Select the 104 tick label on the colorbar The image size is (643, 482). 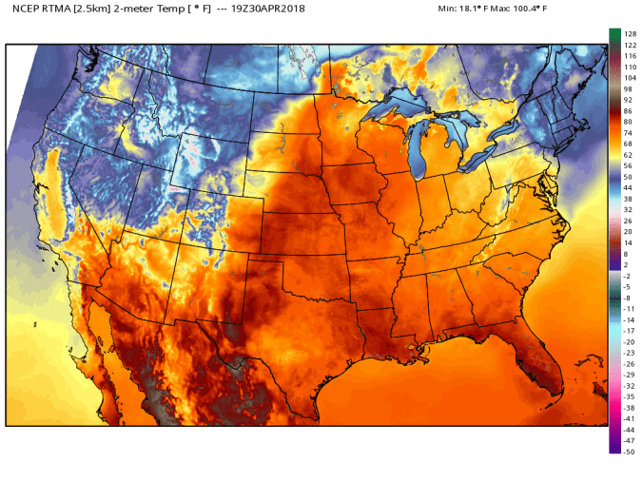coord(629,78)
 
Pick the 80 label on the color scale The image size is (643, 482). coord(628,122)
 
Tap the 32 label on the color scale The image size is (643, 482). coord(628,209)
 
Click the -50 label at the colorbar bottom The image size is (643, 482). coord(629,452)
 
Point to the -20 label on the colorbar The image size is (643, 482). coord(629,341)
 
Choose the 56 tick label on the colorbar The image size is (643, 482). coord(628,165)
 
